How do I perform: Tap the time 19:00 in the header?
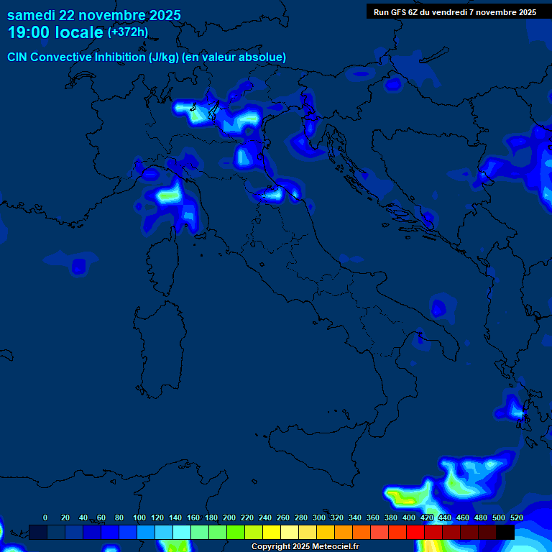coord(30,32)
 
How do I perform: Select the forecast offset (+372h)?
coord(128,32)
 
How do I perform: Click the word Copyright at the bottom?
coord(272,547)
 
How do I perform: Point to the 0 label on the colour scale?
coord(45,517)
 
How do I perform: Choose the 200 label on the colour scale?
coord(229,517)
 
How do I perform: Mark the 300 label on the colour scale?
coord(319,517)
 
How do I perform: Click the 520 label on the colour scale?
coord(516,517)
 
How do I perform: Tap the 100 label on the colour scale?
coord(139,517)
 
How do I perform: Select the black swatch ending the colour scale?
coord(505,532)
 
